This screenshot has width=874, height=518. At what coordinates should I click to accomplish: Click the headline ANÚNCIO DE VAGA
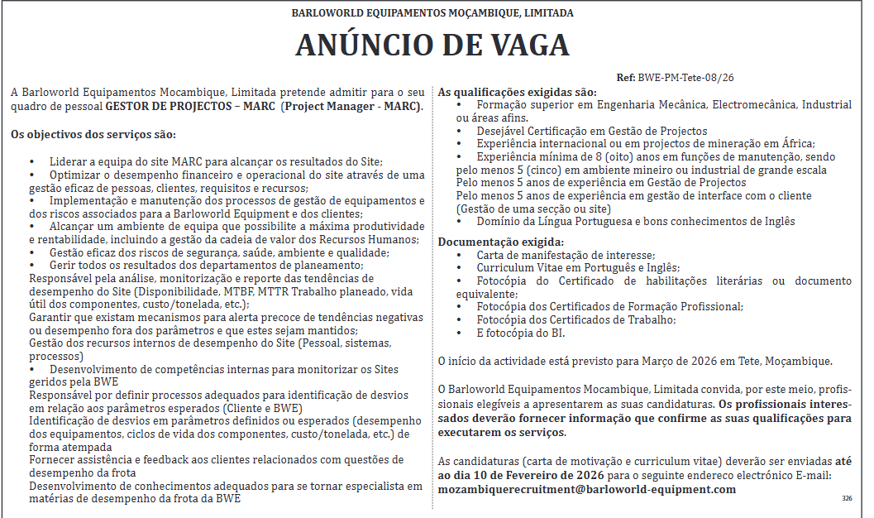[x=432, y=46]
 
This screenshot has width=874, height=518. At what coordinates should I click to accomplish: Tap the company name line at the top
[x=432, y=13]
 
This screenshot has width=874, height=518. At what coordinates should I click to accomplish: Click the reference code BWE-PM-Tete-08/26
[x=685, y=78]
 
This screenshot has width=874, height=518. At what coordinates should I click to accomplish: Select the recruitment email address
[x=587, y=489]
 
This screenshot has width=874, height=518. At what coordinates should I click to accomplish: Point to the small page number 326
[x=846, y=498]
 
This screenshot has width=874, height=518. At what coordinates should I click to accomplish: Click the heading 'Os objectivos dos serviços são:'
[x=93, y=134]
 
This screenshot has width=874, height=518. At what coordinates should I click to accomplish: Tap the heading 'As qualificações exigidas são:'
[x=517, y=92]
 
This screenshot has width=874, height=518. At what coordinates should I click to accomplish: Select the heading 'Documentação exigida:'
[x=501, y=242]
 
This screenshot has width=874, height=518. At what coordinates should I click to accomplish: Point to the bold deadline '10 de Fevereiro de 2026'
[x=547, y=476]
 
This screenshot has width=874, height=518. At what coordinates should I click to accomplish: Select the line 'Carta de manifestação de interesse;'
[x=566, y=255]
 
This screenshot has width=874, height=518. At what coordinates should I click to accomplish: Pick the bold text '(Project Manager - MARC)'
[x=352, y=107]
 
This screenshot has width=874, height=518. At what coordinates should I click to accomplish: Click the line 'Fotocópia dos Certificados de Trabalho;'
[x=576, y=319]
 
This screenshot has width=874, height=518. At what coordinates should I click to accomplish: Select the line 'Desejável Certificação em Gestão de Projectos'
[x=591, y=131]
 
